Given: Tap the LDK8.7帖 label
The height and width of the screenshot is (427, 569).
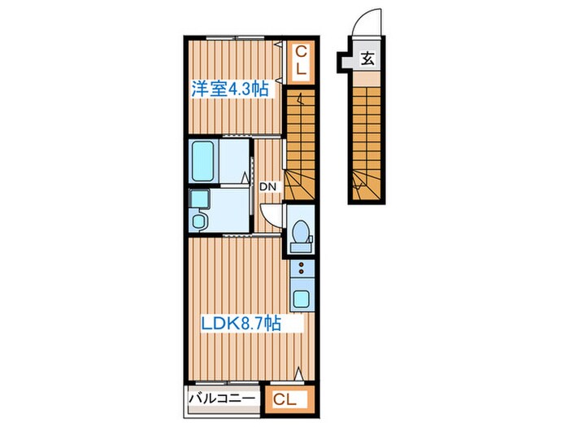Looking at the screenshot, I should (x=241, y=324).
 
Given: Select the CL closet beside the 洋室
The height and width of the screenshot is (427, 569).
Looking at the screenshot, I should (x=300, y=63).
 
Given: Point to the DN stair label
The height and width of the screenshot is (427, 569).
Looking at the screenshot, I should (x=269, y=186).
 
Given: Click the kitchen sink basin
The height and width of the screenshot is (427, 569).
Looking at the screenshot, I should (x=299, y=298).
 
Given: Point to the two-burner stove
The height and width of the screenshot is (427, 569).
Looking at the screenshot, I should (x=299, y=269).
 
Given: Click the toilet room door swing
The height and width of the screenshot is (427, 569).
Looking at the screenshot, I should (x=271, y=212).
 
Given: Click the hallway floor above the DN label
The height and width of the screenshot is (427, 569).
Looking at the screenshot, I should (x=268, y=159).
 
